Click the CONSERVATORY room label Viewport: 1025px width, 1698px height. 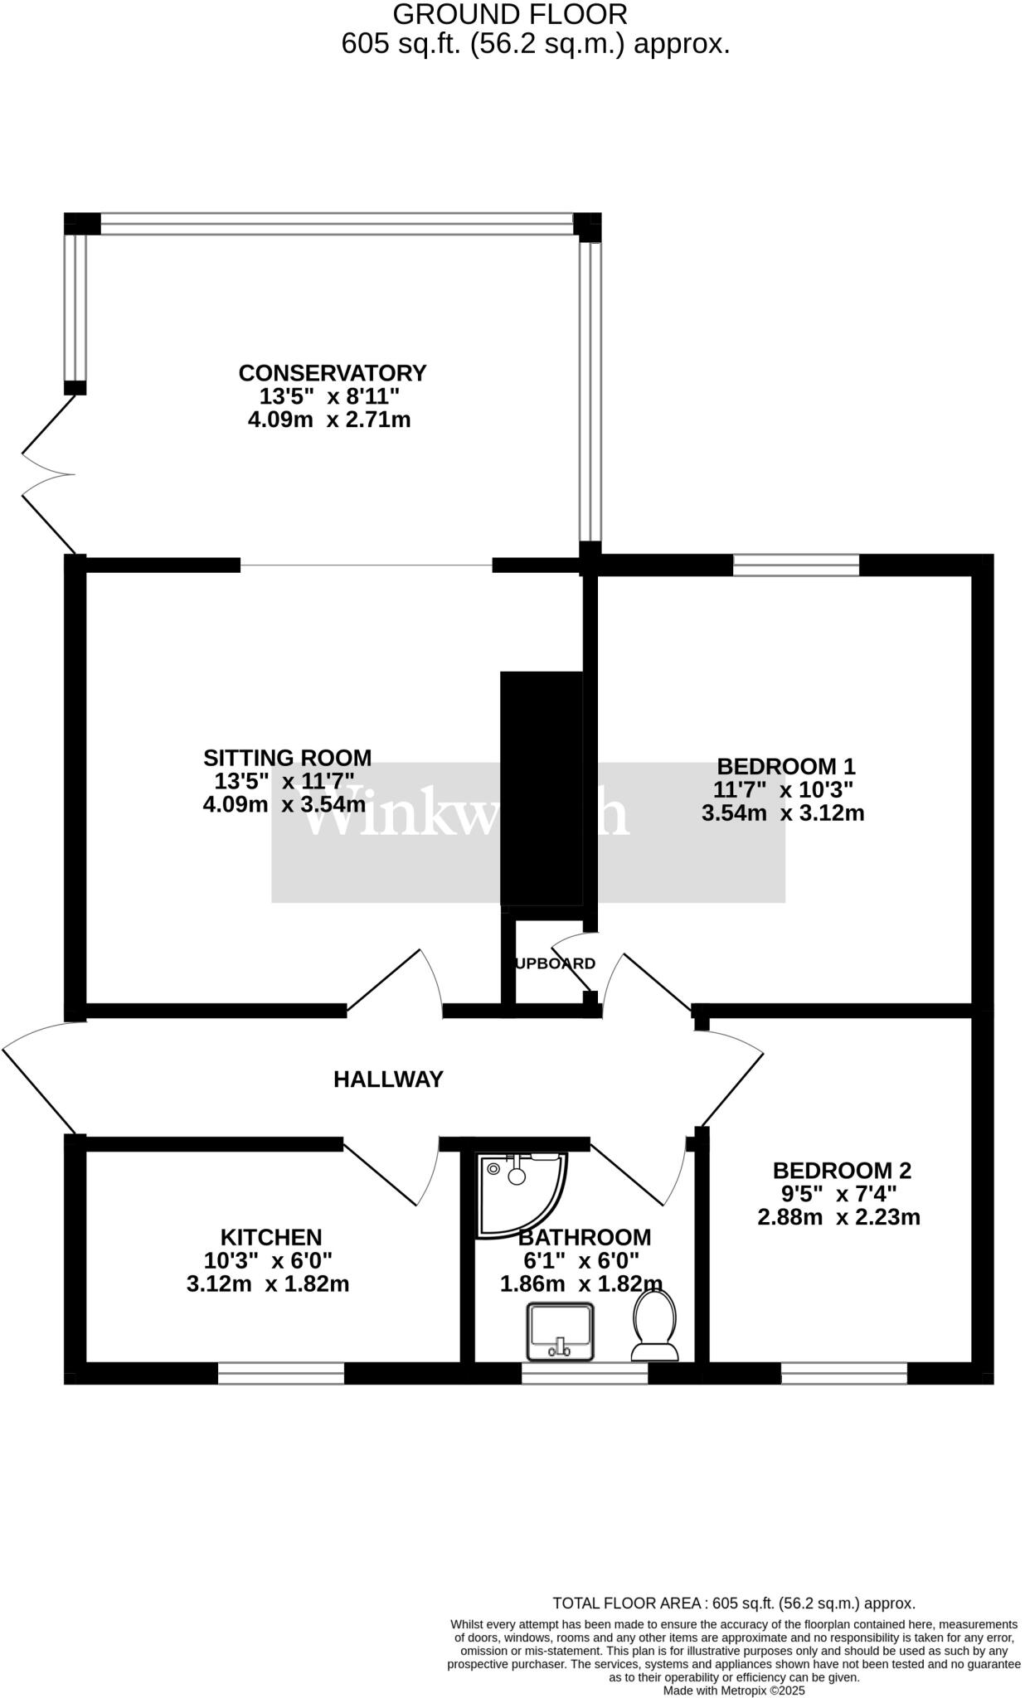pos(332,373)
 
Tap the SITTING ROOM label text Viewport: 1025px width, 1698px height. pos(287,757)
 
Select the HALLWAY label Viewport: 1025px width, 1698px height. pos(388,1079)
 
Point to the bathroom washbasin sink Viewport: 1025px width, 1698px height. pos(561,1331)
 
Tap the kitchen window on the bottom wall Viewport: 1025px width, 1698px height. pos(280,1374)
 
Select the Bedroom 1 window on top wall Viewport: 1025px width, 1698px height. pos(795,565)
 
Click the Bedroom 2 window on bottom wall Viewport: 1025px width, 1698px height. pos(843,1374)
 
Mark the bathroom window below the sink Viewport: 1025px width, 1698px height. pos(584,1374)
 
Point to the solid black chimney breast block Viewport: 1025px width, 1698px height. pos(541,788)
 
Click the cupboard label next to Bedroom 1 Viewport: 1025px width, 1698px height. pos(554,963)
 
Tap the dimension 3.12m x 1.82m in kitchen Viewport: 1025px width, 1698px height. pos(268,1284)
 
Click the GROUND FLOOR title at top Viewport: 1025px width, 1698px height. pos(509,14)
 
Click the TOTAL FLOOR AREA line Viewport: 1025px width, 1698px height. pos(733,1603)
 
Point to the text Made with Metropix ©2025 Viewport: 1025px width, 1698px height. pos(733,1691)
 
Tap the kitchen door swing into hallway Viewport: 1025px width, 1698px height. pos(390,1177)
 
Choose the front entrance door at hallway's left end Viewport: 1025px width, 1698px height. pos(37,1078)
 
